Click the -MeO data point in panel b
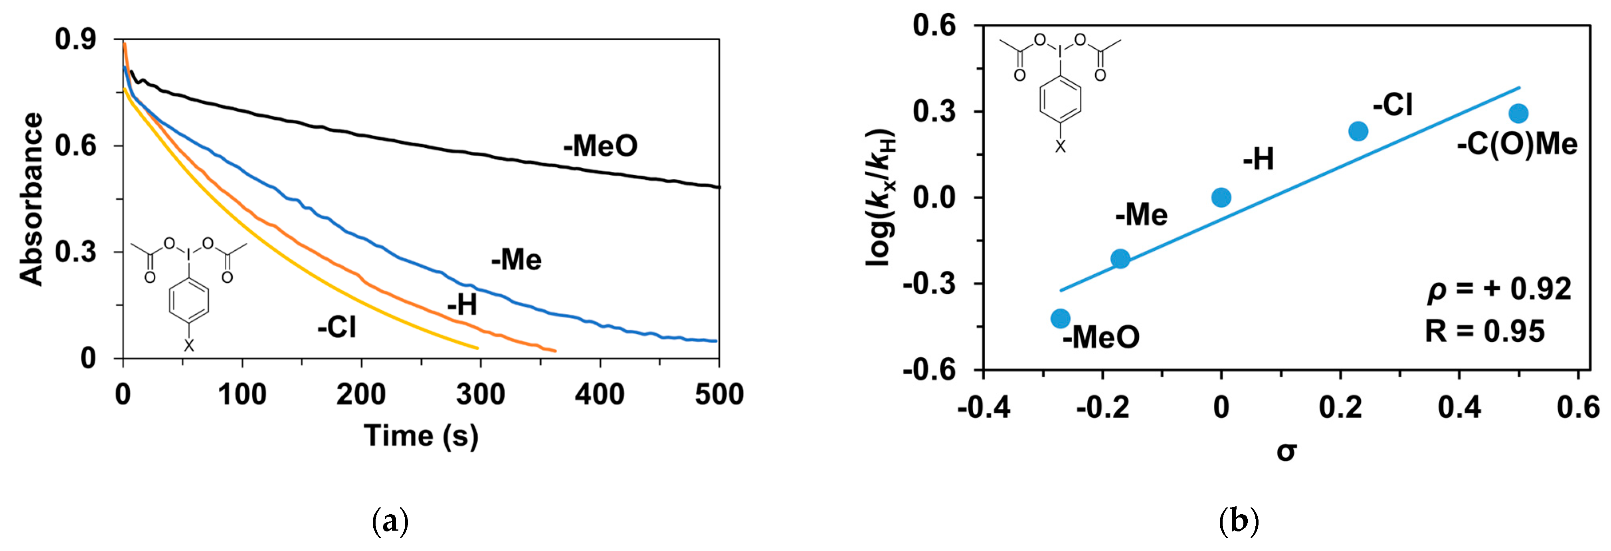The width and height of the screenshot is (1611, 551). pyautogui.click(x=1060, y=318)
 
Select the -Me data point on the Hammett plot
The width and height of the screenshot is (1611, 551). pyautogui.click(x=1120, y=258)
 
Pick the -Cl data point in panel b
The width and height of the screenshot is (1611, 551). pyautogui.click(x=1358, y=131)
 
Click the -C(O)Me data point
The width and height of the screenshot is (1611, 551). pyautogui.click(x=1518, y=113)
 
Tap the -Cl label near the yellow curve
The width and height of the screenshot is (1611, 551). pyautogui.click(x=336, y=327)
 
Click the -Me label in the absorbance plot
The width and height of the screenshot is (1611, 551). pyautogui.click(x=516, y=260)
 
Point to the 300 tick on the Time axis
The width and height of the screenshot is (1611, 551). pyautogui.click(x=480, y=394)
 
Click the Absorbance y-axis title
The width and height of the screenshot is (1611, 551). pyautogui.click(x=31, y=199)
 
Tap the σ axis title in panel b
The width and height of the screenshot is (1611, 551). pyautogui.click(x=1286, y=451)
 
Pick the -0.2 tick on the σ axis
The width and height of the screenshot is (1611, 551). pyautogui.click(x=1102, y=408)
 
